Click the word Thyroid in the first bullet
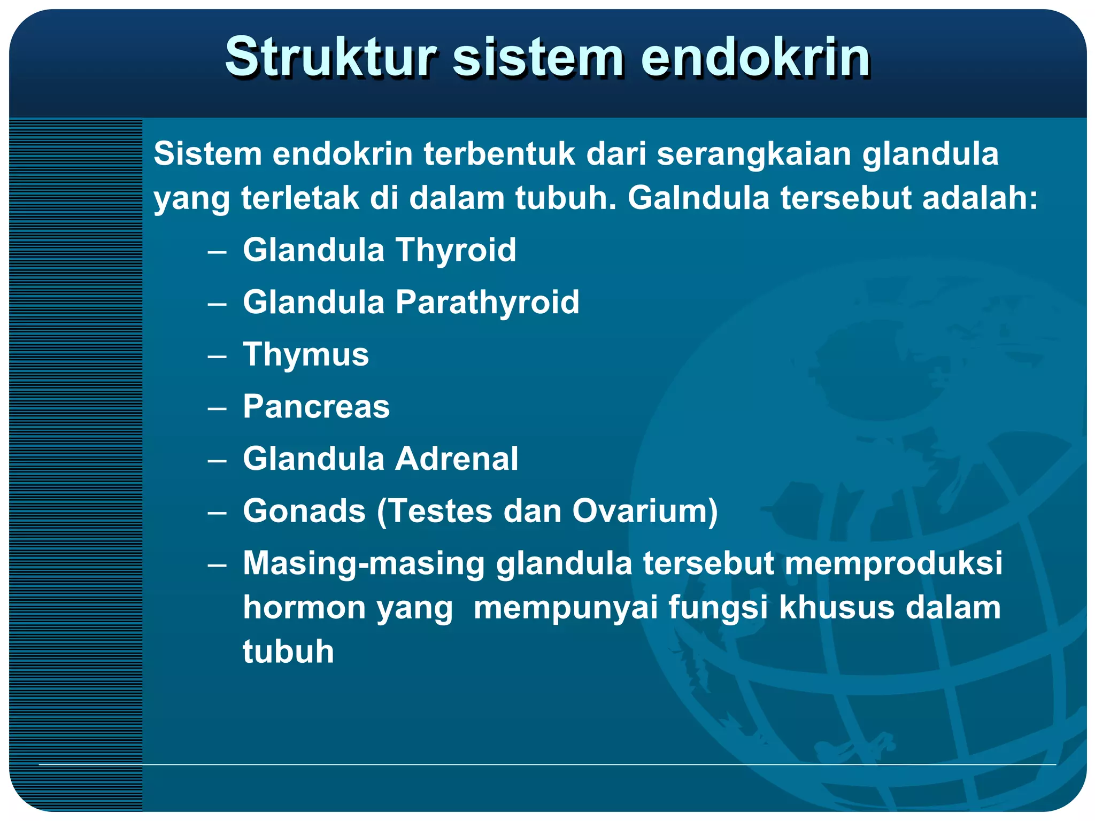tap(456, 250)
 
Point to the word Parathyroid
tap(487, 303)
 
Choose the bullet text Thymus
tap(306, 354)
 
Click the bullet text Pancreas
tap(316, 407)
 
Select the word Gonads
tap(304, 511)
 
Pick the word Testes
tap(439, 511)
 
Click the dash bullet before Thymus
tap(217, 356)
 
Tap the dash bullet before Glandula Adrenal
tap(217, 460)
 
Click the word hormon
tap(304, 608)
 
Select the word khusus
tap(837, 608)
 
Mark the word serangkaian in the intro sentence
tap(753, 154)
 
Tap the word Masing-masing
tap(364, 563)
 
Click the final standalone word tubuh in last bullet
tap(288, 652)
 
